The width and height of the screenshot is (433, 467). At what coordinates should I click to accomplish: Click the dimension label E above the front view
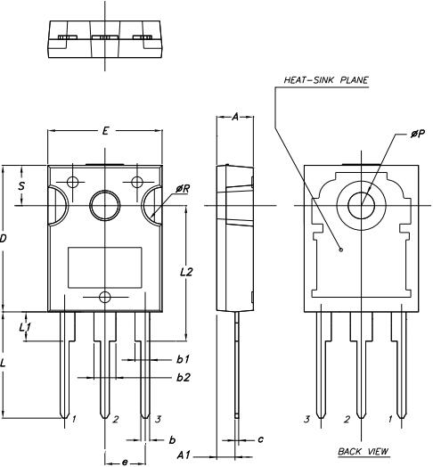coord(105,131)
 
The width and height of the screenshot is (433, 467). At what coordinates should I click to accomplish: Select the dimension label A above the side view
coord(235,117)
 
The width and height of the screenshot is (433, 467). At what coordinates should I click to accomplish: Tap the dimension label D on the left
coord(4,239)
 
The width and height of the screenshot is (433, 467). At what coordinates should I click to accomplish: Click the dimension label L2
coord(186,272)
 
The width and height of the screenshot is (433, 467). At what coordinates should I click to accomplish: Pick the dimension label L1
coord(26,327)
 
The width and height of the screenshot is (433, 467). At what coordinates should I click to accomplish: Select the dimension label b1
coord(182,359)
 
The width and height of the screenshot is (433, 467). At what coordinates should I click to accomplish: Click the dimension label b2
coord(183,378)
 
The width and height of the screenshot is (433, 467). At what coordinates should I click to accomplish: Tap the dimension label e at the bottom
coord(124,460)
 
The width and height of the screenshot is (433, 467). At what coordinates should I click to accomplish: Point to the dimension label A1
coord(184,455)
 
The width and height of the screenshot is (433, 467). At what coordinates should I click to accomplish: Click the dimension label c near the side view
coord(259,439)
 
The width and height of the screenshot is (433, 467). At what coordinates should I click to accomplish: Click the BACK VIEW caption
coord(364,452)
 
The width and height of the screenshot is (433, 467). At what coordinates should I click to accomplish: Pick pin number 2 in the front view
coord(115,418)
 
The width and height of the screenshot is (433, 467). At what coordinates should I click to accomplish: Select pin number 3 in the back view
coord(306,418)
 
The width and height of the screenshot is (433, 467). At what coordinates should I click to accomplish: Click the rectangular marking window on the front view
coord(105,266)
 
